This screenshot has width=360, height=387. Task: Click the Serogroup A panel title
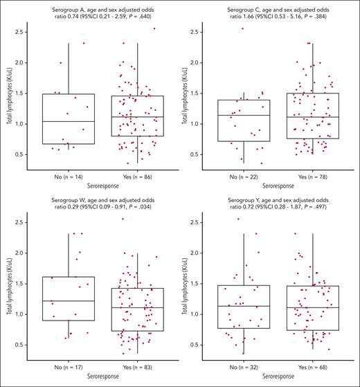pyautogui.click(x=95, y=9)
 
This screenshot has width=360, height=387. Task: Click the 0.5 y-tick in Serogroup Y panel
pyautogui.click(x=195, y=344)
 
